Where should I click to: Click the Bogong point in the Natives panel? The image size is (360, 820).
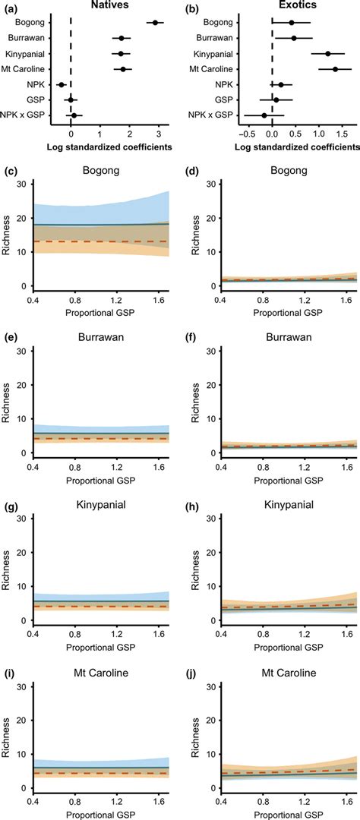[x=156, y=23]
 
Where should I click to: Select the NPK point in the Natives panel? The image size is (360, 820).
[x=62, y=84]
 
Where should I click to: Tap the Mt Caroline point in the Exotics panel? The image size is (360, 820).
[x=335, y=69]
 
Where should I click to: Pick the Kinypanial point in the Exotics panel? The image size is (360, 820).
[x=327, y=54]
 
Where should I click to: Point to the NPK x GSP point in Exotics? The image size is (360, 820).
[x=264, y=115]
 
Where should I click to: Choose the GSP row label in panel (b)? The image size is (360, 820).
[x=224, y=99]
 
